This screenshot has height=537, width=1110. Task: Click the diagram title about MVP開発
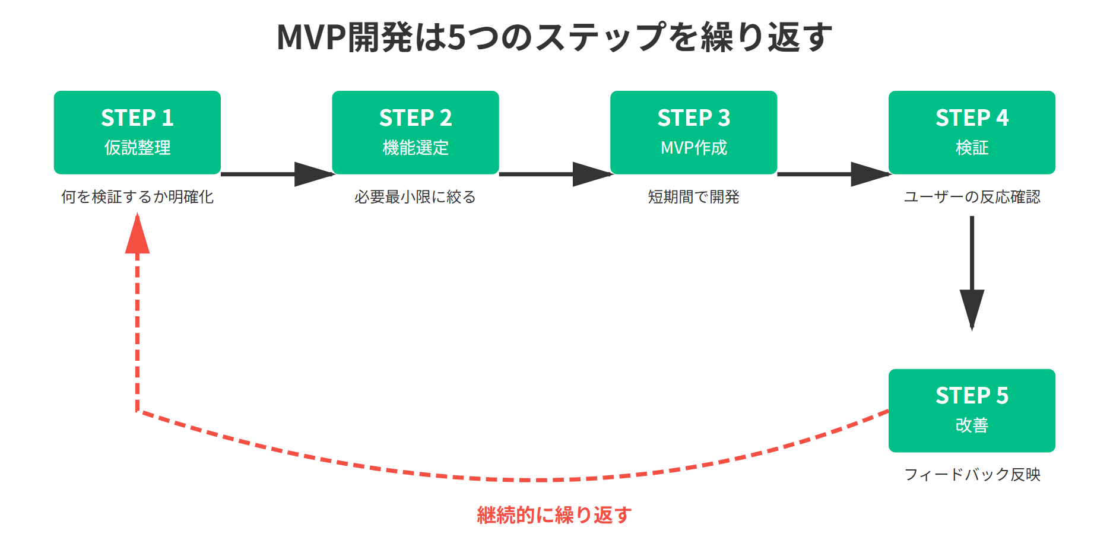pyautogui.click(x=554, y=37)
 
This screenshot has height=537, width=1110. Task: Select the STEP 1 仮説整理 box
pyautogui.click(x=137, y=132)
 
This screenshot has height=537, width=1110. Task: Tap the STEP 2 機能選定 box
pyautogui.click(x=416, y=132)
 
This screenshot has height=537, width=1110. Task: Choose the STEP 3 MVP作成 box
pyautogui.click(x=693, y=132)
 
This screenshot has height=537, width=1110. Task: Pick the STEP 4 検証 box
pyautogui.click(x=972, y=132)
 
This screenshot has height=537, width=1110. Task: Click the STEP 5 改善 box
pyautogui.click(x=972, y=411)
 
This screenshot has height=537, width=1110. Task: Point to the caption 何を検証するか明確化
pyautogui.click(x=137, y=197)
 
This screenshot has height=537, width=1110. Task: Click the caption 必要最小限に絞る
pyautogui.click(x=416, y=197)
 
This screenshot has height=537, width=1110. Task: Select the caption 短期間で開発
pyautogui.click(x=693, y=197)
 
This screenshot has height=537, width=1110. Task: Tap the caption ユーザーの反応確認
pyautogui.click(x=972, y=197)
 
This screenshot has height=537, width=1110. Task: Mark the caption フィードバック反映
pyautogui.click(x=972, y=475)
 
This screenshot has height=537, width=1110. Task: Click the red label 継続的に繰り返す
pyautogui.click(x=554, y=515)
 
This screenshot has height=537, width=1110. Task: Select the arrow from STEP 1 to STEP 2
pyautogui.click(x=277, y=174)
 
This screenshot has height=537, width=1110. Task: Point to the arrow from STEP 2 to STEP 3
pyautogui.click(x=554, y=174)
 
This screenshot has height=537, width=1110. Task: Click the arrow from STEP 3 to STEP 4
pyautogui.click(x=833, y=174)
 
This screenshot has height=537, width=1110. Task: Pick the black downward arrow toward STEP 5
pyautogui.click(x=972, y=273)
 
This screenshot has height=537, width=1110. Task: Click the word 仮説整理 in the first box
pyautogui.click(x=137, y=147)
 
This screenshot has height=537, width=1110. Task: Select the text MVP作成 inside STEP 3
pyautogui.click(x=693, y=147)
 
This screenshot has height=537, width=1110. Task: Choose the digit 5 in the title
pyautogui.click(x=456, y=37)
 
